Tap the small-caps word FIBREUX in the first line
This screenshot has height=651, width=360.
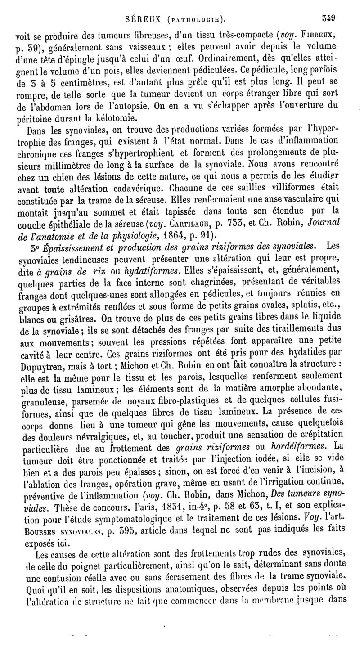pyautogui.click(x=321, y=35)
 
